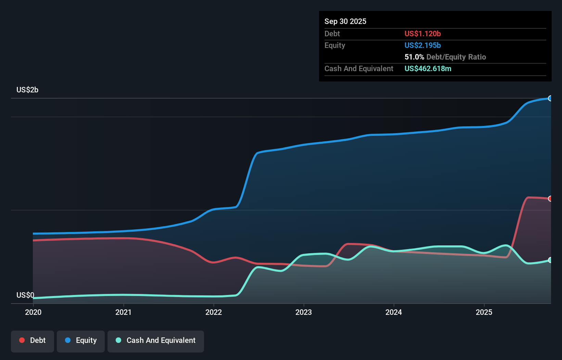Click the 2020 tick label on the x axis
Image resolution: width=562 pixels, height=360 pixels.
(33, 312)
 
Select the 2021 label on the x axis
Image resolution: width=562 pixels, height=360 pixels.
(123, 312)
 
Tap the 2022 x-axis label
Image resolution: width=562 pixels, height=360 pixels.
(214, 312)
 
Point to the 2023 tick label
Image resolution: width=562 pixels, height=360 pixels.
(304, 312)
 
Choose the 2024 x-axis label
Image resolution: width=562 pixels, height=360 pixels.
(394, 312)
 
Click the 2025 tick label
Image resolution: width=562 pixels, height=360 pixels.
(484, 312)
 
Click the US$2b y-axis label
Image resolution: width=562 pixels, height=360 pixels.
(27, 90)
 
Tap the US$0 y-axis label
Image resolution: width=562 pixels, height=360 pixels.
(25, 295)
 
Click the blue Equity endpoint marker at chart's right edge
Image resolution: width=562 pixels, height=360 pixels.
(550, 99)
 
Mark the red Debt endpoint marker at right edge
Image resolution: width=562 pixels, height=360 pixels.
(550, 198)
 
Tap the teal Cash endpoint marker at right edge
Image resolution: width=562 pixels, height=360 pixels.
(550, 260)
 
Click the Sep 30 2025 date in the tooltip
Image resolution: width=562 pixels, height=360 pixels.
(345, 21)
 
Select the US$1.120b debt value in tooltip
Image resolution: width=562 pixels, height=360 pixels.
(423, 34)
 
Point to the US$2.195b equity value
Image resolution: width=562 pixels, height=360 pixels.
(423, 45)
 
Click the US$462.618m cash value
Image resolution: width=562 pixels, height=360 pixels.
(428, 68)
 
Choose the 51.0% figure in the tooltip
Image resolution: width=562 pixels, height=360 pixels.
(414, 57)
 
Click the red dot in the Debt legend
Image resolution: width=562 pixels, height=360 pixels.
(22, 340)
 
